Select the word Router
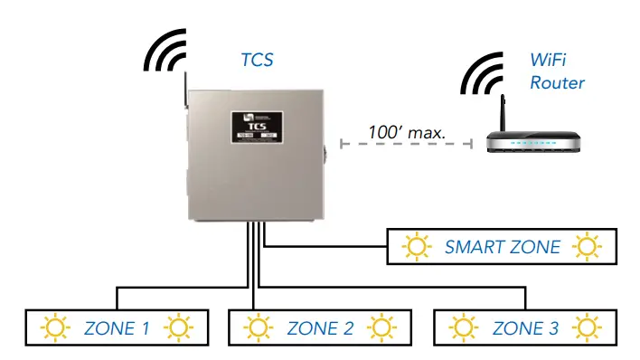coord(557,83)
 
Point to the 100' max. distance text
coord(407,132)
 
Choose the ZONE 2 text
coord(321,327)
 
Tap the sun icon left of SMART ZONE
coord(416,246)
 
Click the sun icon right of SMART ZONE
coord(588,246)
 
